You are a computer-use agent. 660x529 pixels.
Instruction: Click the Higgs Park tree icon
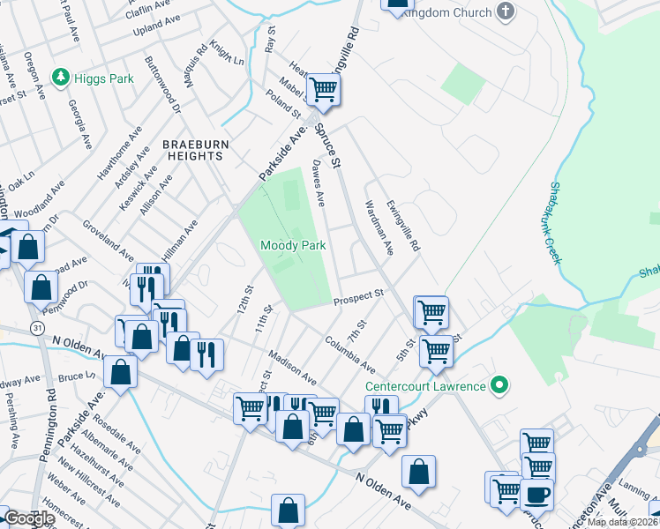[61, 78]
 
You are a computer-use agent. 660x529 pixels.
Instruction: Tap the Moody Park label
[294, 245]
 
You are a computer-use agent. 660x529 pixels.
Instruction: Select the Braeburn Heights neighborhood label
[192, 149]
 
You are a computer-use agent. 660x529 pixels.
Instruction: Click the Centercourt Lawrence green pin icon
[499, 386]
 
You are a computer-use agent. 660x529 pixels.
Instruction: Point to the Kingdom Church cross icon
[505, 11]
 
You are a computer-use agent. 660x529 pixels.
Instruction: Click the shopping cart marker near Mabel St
[324, 89]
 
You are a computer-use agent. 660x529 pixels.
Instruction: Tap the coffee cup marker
[536, 495]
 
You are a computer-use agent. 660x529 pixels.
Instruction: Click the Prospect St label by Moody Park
[359, 298]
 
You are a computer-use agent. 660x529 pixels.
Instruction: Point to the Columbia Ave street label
[349, 354]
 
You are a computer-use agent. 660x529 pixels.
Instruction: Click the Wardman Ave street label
[377, 227]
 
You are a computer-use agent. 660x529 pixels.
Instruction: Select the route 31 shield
[36, 326]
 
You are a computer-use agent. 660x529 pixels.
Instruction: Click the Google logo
[30, 518]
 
